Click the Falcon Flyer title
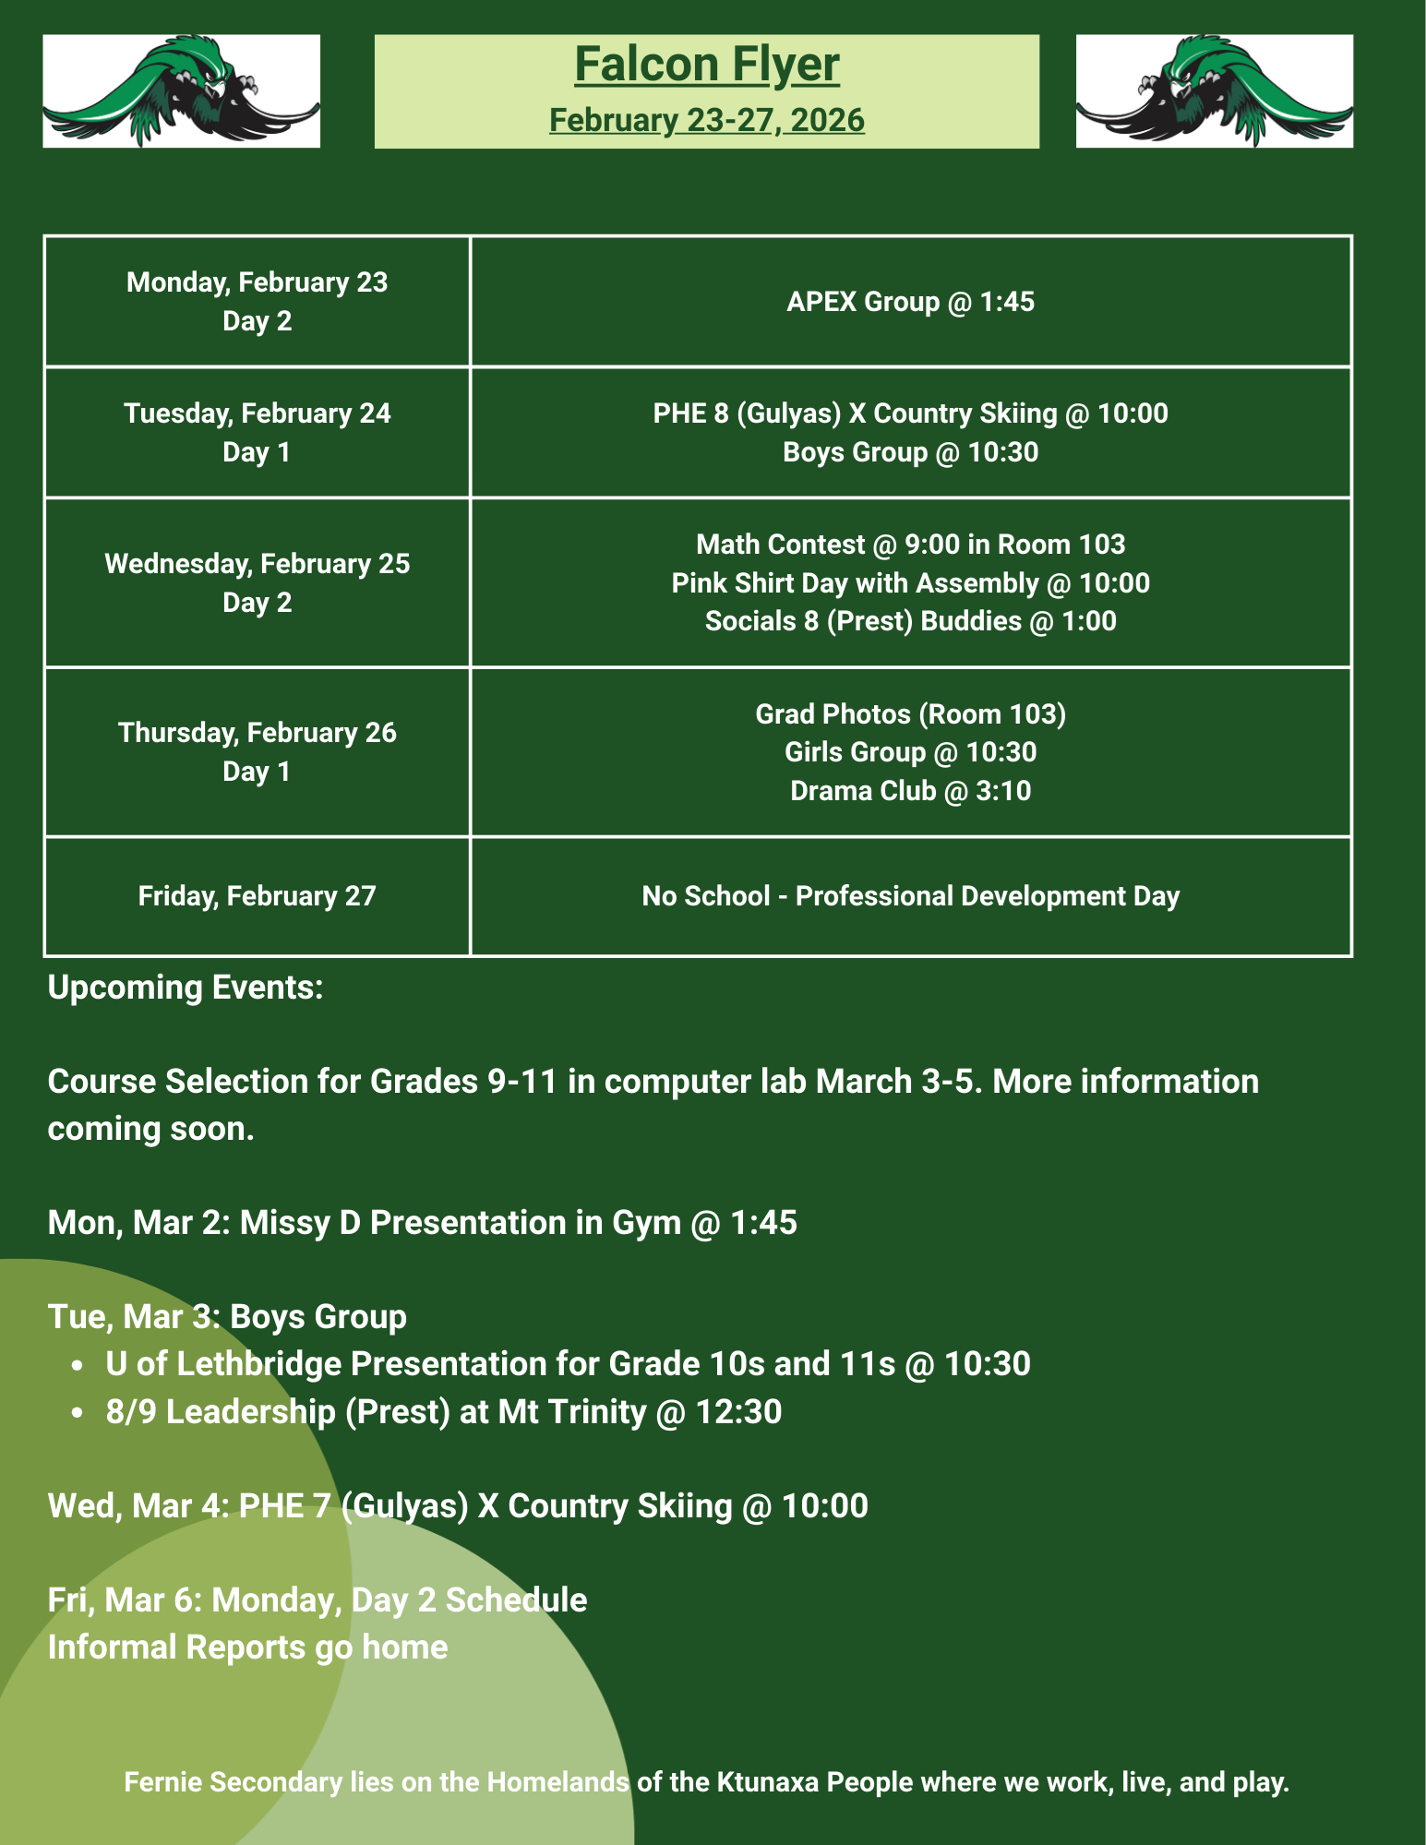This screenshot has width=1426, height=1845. [x=707, y=65]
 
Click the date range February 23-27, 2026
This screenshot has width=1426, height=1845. [x=707, y=120]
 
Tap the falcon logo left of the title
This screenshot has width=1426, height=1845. [x=181, y=90]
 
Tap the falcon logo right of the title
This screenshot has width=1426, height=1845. [x=1214, y=90]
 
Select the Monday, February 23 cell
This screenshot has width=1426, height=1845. [x=257, y=301]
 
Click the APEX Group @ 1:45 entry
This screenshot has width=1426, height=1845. [x=910, y=302]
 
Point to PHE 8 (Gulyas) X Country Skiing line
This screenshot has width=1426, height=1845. [x=910, y=413]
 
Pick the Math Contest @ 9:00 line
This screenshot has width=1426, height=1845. [x=910, y=545]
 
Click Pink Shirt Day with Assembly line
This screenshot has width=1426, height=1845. [x=910, y=583]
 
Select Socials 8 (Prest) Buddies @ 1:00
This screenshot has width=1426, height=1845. [x=910, y=621]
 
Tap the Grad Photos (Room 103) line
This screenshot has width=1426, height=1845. [x=910, y=713]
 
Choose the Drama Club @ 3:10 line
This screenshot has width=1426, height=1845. [x=910, y=791]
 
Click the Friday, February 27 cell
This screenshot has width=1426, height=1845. [x=257, y=896]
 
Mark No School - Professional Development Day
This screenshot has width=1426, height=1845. [x=910, y=896]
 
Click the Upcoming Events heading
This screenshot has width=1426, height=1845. [x=186, y=988]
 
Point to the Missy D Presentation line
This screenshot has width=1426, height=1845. [x=422, y=1223]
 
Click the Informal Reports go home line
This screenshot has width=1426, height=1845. [x=247, y=1647]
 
